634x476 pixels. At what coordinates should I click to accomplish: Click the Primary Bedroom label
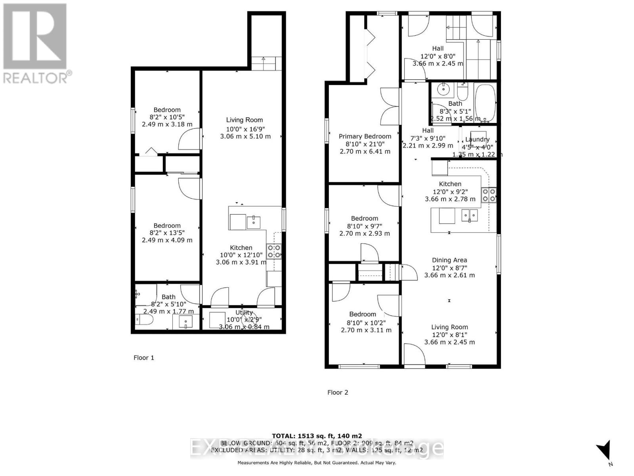point(365,136)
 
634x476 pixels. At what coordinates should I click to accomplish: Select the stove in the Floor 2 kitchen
point(489,195)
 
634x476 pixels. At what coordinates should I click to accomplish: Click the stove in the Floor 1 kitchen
point(274,251)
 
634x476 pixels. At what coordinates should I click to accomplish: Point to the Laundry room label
point(477,139)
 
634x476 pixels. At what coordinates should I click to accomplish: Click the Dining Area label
point(449,260)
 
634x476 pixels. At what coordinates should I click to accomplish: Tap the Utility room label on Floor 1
point(244,313)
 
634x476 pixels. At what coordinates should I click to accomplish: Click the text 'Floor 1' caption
point(143,358)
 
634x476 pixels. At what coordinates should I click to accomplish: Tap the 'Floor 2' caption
point(338,392)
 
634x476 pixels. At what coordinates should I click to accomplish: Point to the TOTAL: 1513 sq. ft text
point(317,436)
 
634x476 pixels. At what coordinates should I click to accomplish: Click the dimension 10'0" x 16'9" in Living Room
point(245,129)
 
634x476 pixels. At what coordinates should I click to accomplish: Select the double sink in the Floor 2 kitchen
point(469,215)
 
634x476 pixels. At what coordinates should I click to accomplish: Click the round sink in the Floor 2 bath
point(443,90)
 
